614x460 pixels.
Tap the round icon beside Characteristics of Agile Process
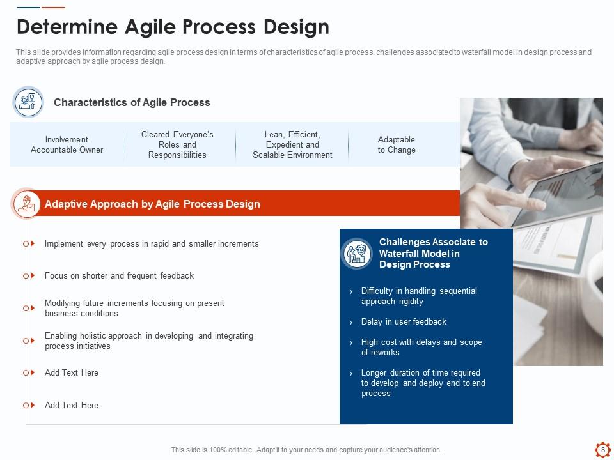(x=28, y=102)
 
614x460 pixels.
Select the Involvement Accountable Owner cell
(x=67, y=145)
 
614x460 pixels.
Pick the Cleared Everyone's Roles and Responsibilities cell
(x=177, y=145)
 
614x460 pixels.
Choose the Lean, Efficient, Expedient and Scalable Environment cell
(x=292, y=145)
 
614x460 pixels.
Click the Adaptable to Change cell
(x=397, y=145)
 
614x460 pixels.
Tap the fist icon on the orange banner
(x=27, y=203)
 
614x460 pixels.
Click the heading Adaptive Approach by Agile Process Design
(x=152, y=204)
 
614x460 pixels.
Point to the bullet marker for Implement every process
(x=29, y=243)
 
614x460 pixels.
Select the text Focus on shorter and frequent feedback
(x=119, y=276)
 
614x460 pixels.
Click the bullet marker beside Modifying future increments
(x=29, y=308)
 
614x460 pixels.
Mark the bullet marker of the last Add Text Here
(x=29, y=405)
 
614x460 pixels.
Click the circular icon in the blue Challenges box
(x=357, y=254)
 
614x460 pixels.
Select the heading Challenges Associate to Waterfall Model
(x=434, y=254)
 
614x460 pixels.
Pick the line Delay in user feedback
(x=404, y=322)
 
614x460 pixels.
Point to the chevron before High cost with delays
(x=351, y=342)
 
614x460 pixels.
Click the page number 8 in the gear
(x=602, y=449)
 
